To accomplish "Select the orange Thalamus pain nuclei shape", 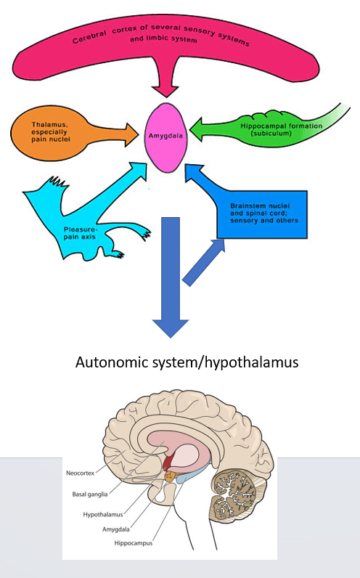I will tap(54, 131).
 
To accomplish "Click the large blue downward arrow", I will tap(171, 276).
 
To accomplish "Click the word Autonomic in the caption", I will tap(110, 361).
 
